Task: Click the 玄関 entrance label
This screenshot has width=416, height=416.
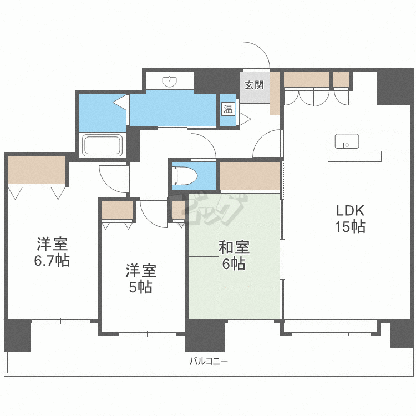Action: [x=255, y=85]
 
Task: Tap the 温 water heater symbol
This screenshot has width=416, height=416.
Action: [x=228, y=109]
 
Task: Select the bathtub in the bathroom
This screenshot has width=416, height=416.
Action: [x=102, y=146]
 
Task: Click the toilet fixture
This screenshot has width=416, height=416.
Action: [x=185, y=176]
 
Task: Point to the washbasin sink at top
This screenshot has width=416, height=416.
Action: [x=169, y=82]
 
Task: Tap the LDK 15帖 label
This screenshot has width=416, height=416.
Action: [x=349, y=219]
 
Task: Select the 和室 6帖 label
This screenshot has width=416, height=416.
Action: [x=234, y=255]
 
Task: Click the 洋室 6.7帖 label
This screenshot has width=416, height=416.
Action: [x=53, y=252]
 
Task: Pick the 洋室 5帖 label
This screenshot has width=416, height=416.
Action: [x=141, y=278]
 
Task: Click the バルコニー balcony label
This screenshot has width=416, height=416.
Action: [x=209, y=361]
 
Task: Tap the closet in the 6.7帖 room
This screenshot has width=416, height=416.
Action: [x=37, y=170]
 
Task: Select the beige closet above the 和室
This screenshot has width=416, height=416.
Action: [x=250, y=175]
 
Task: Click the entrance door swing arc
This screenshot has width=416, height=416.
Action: [x=256, y=55]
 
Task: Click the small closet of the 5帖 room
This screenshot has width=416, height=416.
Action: [x=117, y=210]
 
